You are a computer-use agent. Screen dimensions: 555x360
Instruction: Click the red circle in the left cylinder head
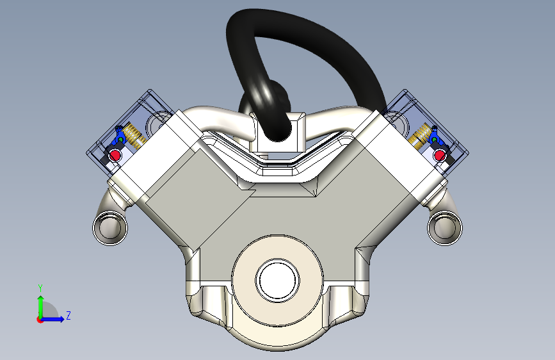(x=115, y=155)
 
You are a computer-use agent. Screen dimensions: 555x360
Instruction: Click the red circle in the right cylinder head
(x=440, y=155)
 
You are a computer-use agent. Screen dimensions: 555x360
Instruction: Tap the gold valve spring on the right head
(x=420, y=135)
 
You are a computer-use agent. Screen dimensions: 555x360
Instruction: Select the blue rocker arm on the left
(x=119, y=136)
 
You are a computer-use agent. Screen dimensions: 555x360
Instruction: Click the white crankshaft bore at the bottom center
(x=278, y=281)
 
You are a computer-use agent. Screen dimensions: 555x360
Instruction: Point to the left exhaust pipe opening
(x=110, y=228)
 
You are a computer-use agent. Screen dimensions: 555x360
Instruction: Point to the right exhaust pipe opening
(x=445, y=228)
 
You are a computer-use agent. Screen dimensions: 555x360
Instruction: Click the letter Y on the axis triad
(x=40, y=288)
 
